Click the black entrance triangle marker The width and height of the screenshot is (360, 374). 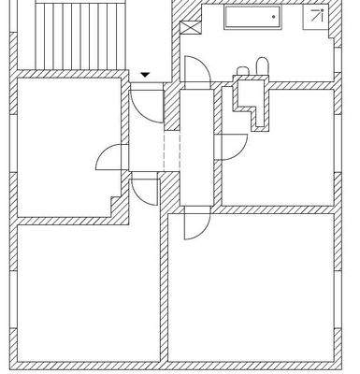pyautogui.click(x=145, y=75)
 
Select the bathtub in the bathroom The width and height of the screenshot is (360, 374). pyautogui.click(x=252, y=18)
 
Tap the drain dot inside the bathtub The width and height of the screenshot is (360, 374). pyautogui.click(x=273, y=17)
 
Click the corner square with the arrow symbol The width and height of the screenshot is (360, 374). pyautogui.click(x=319, y=15)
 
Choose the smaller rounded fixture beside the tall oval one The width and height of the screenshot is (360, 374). pyautogui.click(x=244, y=71)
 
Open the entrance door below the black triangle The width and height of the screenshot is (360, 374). pyautogui.click(x=142, y=99)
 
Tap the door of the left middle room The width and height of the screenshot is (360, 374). pyautogui.click(x=109, y=159)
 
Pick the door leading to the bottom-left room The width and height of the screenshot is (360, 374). pyautogui.click(x=143, y=190)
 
